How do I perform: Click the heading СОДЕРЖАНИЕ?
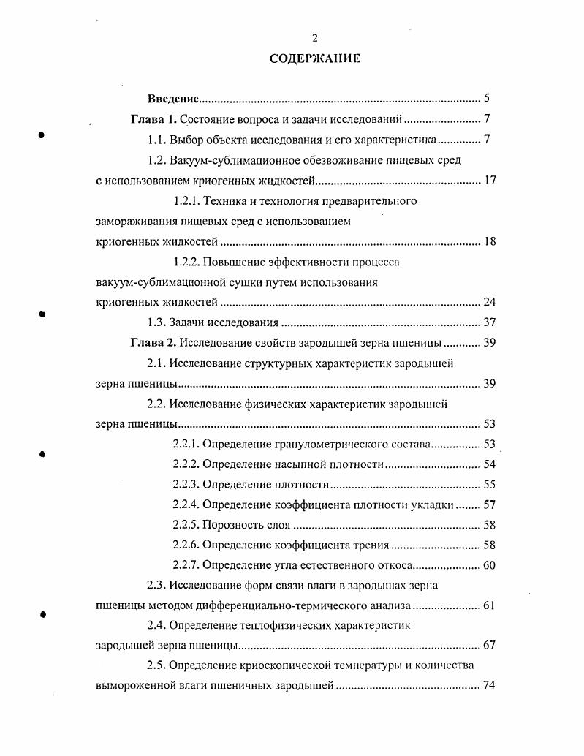click(315, 59)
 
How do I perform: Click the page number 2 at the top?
click(315, 39)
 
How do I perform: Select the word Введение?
click(174, 99)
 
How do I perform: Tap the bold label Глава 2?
click(153, 343)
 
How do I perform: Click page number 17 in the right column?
click(489, 181)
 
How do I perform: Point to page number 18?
click(489, 241)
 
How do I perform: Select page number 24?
click(489, 302)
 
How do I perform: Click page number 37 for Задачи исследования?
click(489, 322)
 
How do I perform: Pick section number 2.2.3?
click(186, 484)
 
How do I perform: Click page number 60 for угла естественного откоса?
click(489, 565)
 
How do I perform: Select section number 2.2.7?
click(186, 565)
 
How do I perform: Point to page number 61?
click(489, 606)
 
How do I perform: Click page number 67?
click(489, 646)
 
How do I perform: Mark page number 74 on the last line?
click(489, 687)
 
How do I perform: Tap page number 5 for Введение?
click(486, 99)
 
